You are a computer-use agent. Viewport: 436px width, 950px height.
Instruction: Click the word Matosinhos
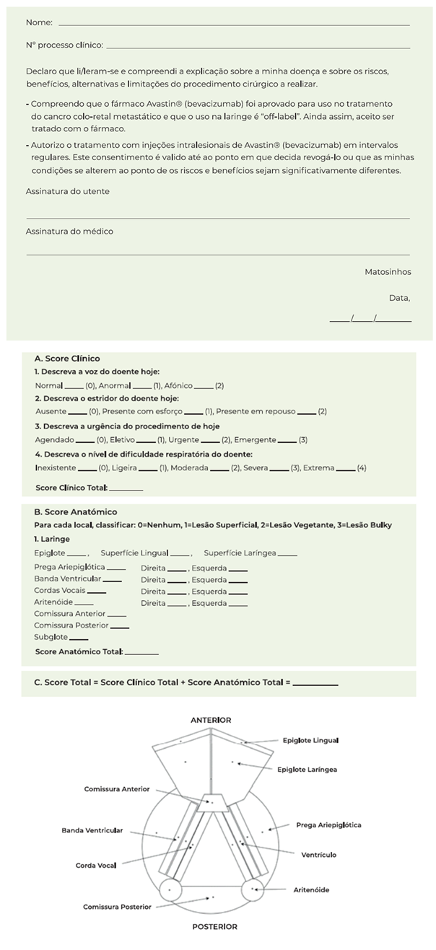(388, 272)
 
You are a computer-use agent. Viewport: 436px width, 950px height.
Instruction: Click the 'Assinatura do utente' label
(68, 191)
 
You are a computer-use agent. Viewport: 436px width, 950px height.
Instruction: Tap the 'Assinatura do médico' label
(69, 232)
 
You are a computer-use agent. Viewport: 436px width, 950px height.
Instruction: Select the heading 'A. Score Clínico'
(67, 359)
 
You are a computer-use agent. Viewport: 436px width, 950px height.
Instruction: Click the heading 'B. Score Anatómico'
(75, 511)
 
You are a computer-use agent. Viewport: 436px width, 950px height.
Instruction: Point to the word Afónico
(178, 385)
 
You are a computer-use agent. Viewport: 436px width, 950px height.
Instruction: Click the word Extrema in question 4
(318, 467)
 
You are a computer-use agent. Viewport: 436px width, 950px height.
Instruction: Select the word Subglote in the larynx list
(51, 637)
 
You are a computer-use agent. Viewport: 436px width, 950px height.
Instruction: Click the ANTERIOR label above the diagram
(211, 720)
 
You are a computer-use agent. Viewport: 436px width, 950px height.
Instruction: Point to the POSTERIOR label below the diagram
(214, 927)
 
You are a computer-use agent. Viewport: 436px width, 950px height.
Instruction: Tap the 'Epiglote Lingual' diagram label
(310, 740)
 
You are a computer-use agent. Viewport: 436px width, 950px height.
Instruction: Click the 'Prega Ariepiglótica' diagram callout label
(328, 824)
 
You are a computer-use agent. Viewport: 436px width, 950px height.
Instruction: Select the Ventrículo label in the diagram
(318, 855)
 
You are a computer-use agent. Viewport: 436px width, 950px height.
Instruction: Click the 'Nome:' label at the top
(39, 22)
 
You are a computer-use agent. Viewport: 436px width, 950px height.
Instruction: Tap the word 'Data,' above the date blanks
(399, 297)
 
